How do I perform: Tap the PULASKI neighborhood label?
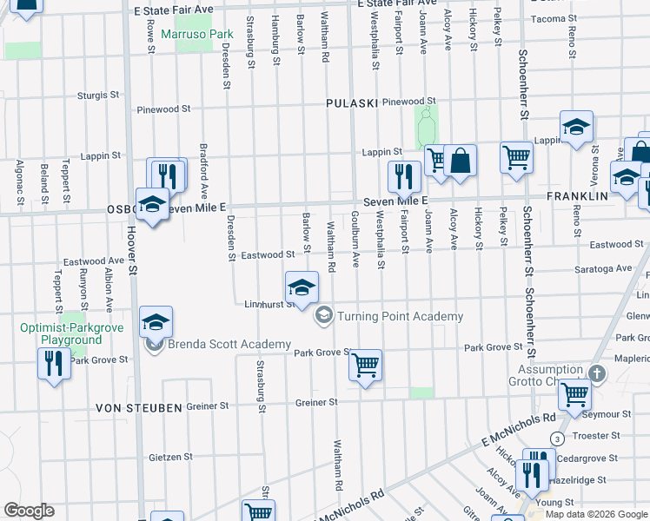(351, 103)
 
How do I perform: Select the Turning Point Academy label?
(400, 316)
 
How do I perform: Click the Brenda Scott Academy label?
(229, 345)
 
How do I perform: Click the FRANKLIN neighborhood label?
(577, 197)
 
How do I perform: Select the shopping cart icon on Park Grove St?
(366, 365)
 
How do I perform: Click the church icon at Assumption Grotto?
(596, 374)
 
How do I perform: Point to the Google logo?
(29, 511)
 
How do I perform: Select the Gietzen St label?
(170, 457)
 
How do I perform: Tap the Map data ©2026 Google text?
(596, 514)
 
